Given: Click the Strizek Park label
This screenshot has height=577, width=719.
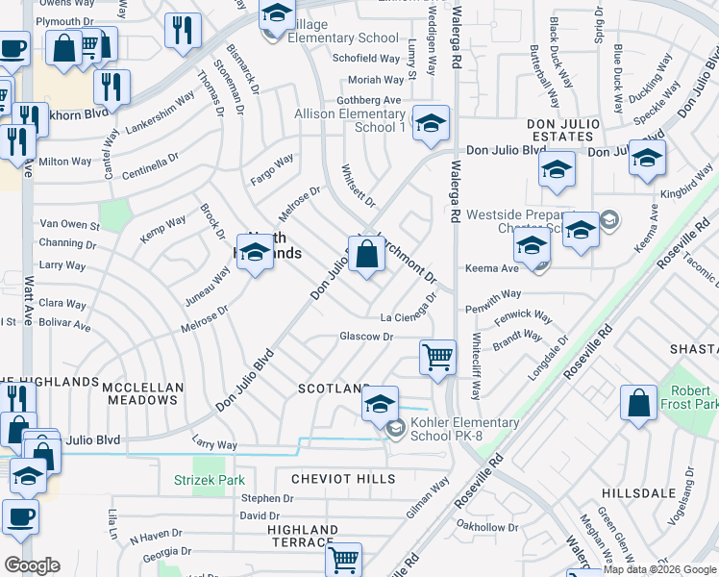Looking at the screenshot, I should click(210, 480).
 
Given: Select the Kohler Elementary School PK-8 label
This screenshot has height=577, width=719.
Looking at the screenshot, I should click(464, 429).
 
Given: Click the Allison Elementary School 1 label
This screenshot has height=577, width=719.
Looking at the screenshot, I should click(349, 120).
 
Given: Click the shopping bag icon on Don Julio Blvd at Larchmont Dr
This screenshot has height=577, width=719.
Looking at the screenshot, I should click(366, 256).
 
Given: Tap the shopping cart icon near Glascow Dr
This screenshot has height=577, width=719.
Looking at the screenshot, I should click(438, 358).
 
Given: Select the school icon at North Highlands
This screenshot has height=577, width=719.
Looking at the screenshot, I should click(255, 253).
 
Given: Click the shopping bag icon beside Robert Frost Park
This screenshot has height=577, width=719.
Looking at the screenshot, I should click(639, 404).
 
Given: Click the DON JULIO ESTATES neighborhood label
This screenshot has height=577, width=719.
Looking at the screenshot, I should click(562, 131).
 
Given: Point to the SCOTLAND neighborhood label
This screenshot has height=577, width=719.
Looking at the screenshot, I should click(333, 389).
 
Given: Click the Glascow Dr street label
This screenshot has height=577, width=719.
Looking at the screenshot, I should click(366, 337).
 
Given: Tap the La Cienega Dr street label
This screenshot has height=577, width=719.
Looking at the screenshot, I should click(413, 313).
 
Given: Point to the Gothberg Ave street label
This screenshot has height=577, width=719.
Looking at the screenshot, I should click(369, 100).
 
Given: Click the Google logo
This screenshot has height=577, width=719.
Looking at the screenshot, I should click(32, 565).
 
